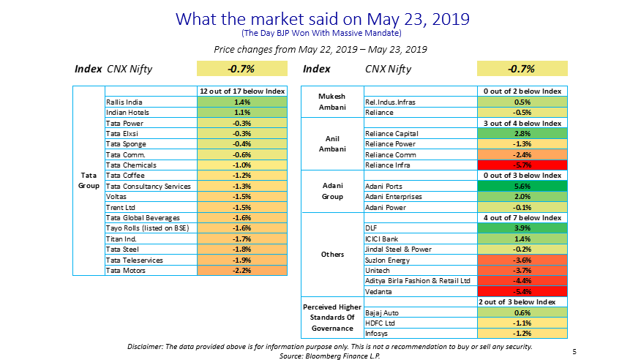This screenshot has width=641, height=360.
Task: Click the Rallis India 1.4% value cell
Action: (x=243, y=102)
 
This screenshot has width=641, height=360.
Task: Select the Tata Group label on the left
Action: (x=89, y=181)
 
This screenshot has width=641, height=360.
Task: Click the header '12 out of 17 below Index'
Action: (x=243, y=91)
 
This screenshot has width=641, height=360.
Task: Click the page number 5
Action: (x=574, y=352)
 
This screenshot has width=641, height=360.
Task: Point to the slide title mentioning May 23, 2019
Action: (x=320, y=18)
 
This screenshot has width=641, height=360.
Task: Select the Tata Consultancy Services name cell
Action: (x=148, y=187)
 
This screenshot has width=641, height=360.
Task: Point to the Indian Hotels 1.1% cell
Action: (x=243, y=113)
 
